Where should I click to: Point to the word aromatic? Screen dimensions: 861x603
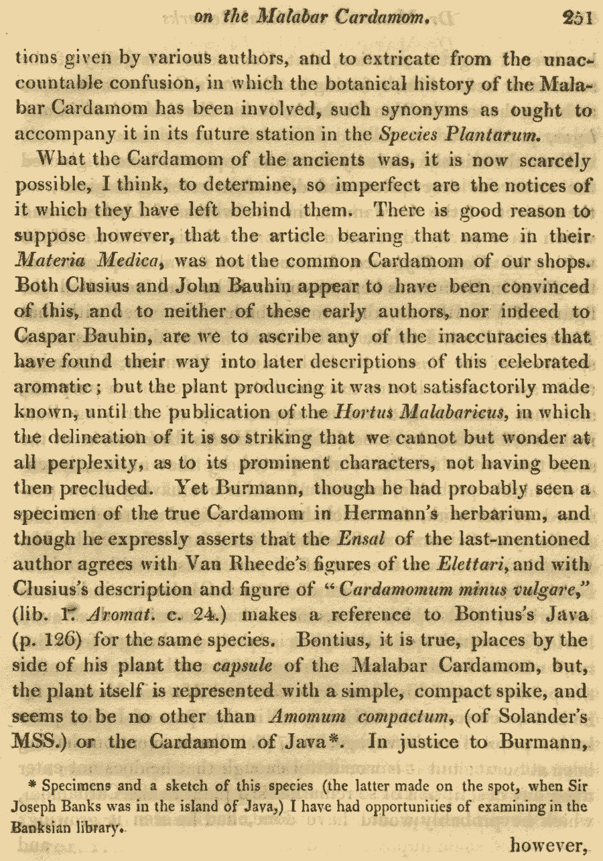(x=56, y=388)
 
